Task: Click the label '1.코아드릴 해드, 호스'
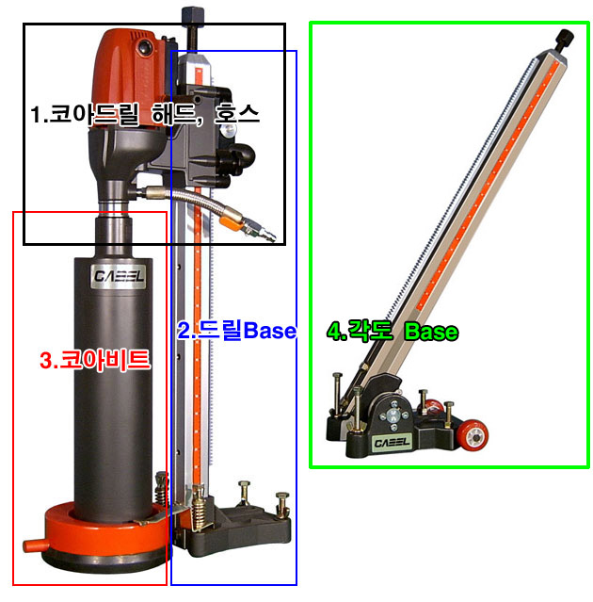pos(145,114)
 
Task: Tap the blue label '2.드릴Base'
pos(236,330)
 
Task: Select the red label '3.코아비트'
pos(95,360)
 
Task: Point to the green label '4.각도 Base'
pos(393,331)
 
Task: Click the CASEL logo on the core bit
pos(119,276)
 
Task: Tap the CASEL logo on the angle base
pos(392,442)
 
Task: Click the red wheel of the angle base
pos(473,434)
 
